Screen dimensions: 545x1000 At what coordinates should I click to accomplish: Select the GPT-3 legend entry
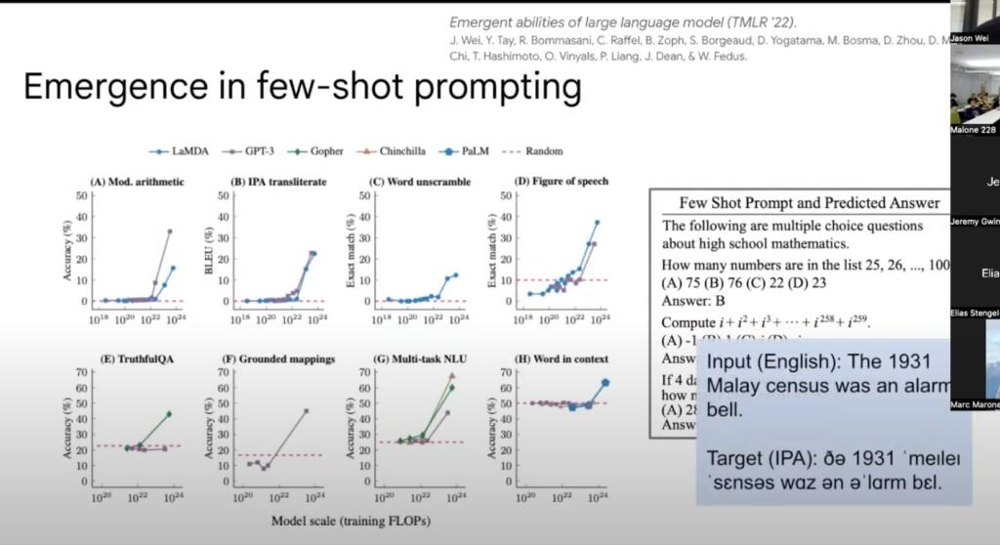coord(250,151)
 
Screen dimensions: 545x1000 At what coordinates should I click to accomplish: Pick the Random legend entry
coord(543,151)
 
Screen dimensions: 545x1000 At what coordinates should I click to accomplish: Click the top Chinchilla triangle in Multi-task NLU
coord(451,375)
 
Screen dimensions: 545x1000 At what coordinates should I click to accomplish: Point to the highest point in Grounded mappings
coord(306,411)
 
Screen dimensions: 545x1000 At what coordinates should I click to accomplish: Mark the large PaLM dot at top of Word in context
coord(604,383)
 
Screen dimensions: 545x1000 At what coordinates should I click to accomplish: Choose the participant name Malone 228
coord(974,130)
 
